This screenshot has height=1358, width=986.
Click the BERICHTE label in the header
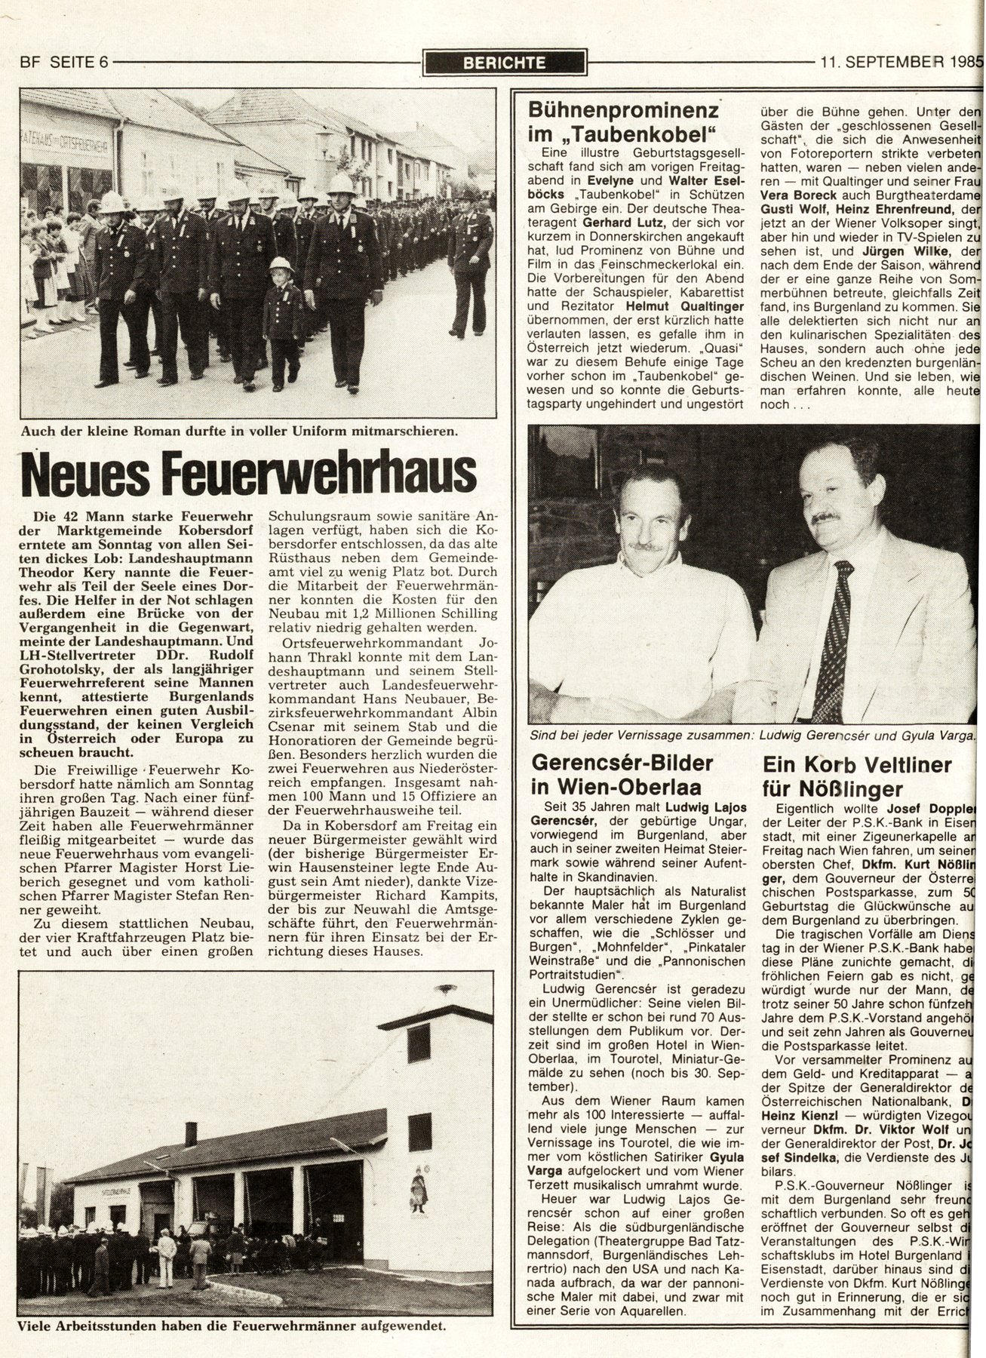pos(504,63)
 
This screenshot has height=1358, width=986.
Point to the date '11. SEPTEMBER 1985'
pos(902,63)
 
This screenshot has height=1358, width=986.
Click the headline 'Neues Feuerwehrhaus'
pos(249,474)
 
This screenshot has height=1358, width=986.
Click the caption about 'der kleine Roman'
pos(239,432)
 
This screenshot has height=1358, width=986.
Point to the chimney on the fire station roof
pos(191,1134)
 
